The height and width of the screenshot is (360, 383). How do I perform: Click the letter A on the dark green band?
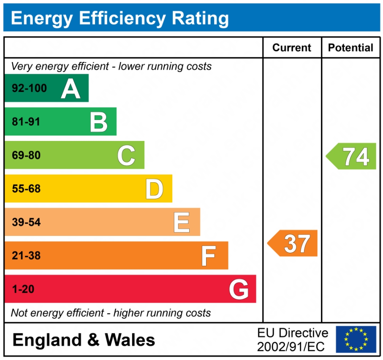coord(71,89)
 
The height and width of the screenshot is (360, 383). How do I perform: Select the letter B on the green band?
coord(99,122)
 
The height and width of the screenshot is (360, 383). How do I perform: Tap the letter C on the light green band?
coord(126,155)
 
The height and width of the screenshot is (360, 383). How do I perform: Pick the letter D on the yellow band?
coord(154,189)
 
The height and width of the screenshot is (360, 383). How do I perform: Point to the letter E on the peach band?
coord(182,222)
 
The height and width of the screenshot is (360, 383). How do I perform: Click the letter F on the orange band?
coord(209,255)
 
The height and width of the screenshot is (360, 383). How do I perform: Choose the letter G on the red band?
coord(239,289)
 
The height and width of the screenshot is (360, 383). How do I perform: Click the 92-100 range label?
coord(29,89)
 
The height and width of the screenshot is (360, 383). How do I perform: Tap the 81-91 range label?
coord(26,122)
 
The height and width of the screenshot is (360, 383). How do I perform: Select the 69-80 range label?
coord(26,155)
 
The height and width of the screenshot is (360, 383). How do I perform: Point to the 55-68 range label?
coord(26,189)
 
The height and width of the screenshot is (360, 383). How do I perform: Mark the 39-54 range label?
coord(26,222)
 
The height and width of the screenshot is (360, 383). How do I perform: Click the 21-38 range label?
coord(26,255)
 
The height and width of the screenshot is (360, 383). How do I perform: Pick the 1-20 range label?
coord(23,289)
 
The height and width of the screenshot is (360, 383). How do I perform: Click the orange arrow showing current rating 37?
coord(293,243)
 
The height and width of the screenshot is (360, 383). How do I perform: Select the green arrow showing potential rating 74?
coord(352,156)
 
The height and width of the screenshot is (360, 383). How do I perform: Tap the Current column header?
coord(292,48)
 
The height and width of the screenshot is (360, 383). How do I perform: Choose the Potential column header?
coord(350,48)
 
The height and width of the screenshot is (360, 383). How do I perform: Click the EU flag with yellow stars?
coord(356,339)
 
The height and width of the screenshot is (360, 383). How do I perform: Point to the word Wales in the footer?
coord(130,340)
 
